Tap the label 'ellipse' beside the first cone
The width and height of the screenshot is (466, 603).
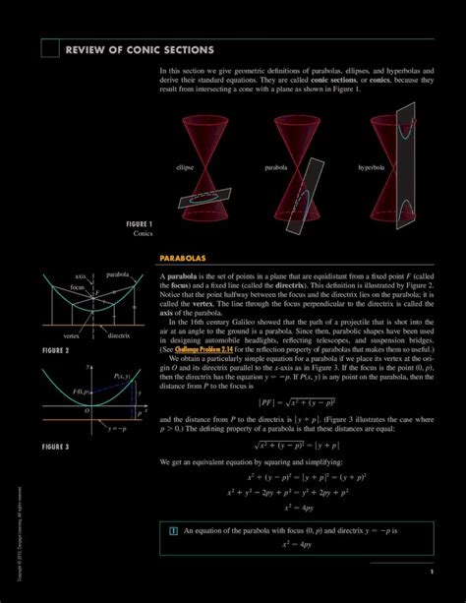[x=185, y=167]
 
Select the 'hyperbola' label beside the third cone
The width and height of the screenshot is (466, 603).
[x=372, y=167]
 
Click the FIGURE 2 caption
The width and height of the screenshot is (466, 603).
[x=55, y=350]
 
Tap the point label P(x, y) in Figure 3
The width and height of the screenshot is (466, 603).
[x=122, y=377]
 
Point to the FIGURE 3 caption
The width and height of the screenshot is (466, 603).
[x=55, y=447]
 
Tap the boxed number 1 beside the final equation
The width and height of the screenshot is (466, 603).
[x=173, y=531]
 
